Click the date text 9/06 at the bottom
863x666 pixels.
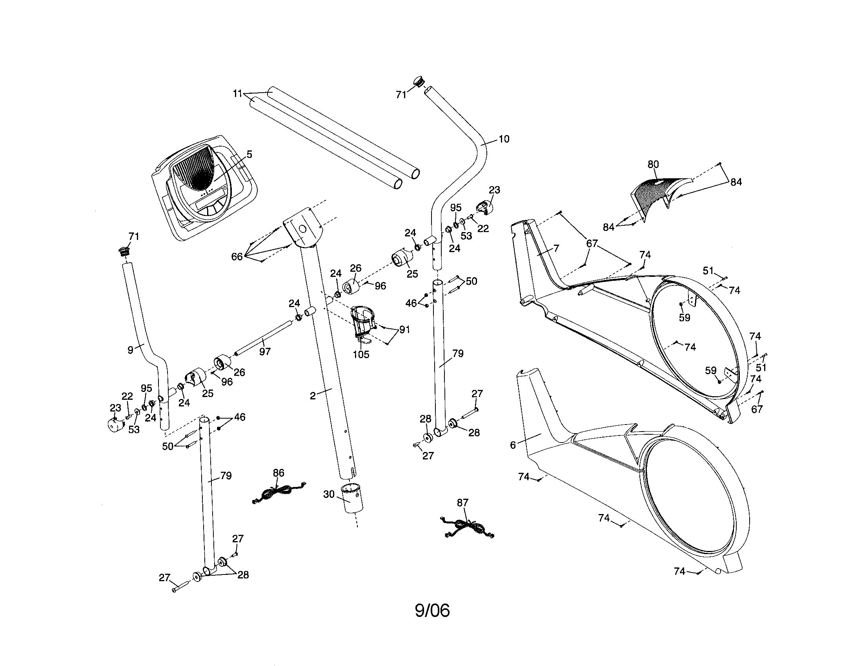pyautogui.click(x=432, y=611)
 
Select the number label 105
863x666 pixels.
pyautogui.click(x=361, y=354)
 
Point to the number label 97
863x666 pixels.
pyautogui.click(x=265, y=351)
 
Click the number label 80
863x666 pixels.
pyautogui.click(x=653, y=164)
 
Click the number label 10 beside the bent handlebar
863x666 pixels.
pyautogui.click(x=504, y=139)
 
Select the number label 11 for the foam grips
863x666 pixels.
pyautogui.click(x=237, y=94)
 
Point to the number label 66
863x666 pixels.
pyautogui.click(x=237, y=257)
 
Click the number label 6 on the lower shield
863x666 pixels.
pyautogui.click(x=513, y=445)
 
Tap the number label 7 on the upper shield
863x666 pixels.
pyautogui.click(x=556, y=248)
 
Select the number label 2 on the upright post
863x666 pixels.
pyautogui.click(x=313, y=396)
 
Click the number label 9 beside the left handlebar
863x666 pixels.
pyautogui.click(x=130, y=349)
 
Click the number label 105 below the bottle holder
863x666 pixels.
pyautogui.click(x=361, y=354)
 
